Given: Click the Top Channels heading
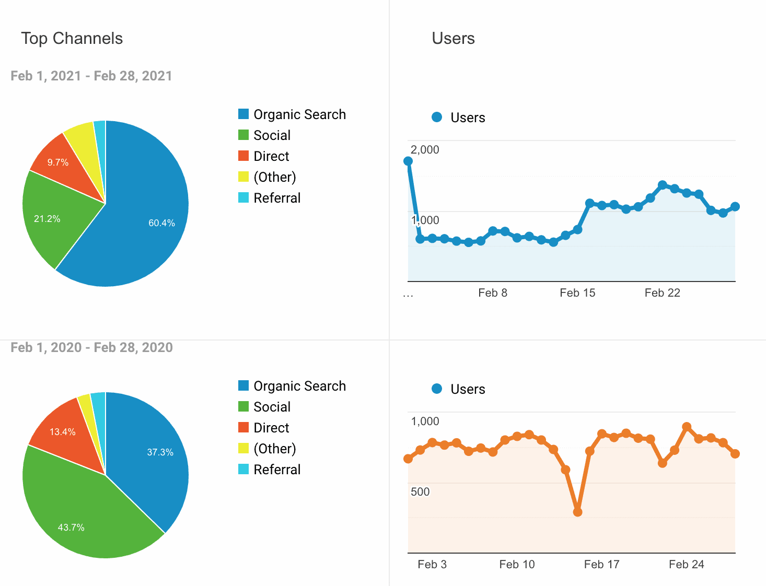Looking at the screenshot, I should tap(72, 39).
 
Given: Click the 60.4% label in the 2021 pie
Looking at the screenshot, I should tap(161, 223).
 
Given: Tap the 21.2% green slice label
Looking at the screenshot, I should tap(47, 219).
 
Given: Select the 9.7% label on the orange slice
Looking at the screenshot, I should tap(58, 162).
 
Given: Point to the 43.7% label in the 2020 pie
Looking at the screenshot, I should tap(71, 528).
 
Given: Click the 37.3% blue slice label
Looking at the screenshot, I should tap(160, 452).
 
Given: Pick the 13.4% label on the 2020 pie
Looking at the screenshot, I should tap(62, 432).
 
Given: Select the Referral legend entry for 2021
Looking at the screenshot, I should tap(276, 198).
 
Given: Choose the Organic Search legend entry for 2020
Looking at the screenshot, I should tap(299, 386).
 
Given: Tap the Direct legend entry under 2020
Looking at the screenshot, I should tap(271, 428).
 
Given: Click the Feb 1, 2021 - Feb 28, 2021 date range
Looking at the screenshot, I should tap(91, 76).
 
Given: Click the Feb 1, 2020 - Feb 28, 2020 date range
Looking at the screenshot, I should tap(91, 347).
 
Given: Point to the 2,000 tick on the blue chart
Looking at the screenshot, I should tap(425, 150).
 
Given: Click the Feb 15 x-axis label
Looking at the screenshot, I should tap(577, 293).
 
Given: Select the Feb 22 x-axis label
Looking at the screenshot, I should tap(662, 293).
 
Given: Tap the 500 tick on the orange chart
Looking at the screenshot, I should tap(420, 492).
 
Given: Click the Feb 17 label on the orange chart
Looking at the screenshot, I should tap(601, 565).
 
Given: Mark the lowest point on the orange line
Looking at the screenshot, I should tap(577, 512).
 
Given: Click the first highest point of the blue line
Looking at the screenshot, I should tap(408, 161).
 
